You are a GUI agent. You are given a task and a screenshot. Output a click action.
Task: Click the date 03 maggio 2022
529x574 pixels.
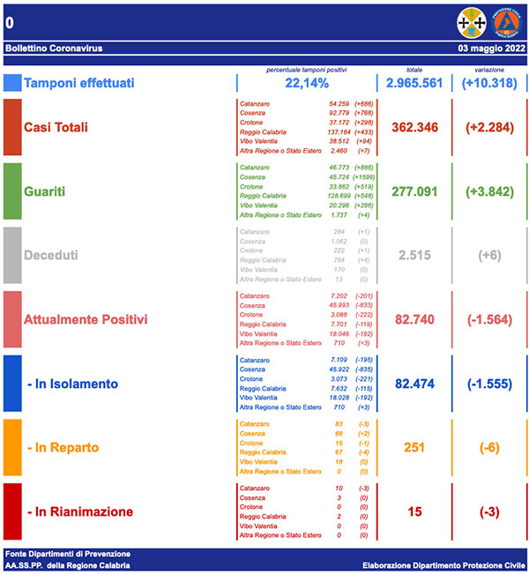pos(492,48)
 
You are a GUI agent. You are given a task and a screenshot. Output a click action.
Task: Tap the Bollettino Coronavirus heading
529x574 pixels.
pos(48,48)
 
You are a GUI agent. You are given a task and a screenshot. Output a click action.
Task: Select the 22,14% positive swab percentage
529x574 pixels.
pos(307,83)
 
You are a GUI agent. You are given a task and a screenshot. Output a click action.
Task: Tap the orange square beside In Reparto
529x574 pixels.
pos(12,448)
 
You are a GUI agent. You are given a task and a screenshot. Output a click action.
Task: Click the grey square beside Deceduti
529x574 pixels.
pos(12,255)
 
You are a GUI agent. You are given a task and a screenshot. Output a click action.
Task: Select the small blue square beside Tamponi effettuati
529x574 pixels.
pos(12,83)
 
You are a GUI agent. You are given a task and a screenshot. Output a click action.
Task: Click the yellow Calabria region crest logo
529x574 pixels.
pos(470,21)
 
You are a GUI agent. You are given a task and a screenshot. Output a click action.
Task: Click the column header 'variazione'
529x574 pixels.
pos(488,68)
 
